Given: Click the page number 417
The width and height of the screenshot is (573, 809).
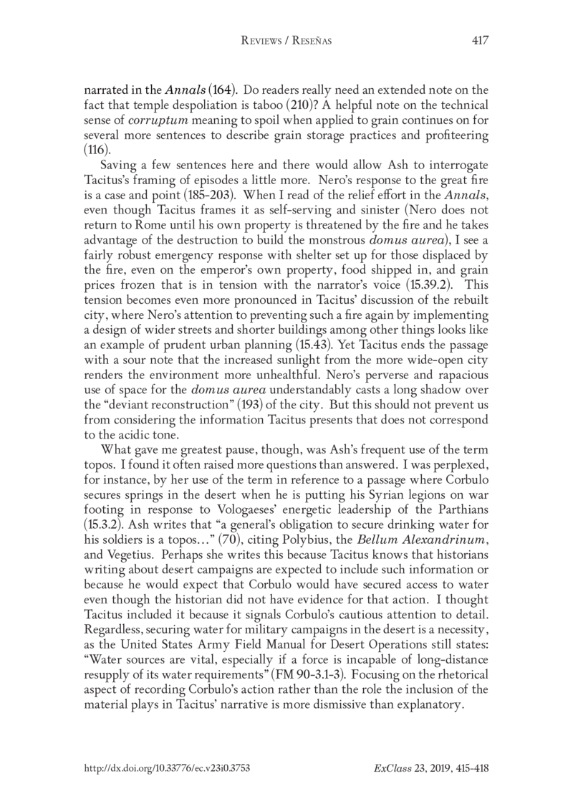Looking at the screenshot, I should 480,40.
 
